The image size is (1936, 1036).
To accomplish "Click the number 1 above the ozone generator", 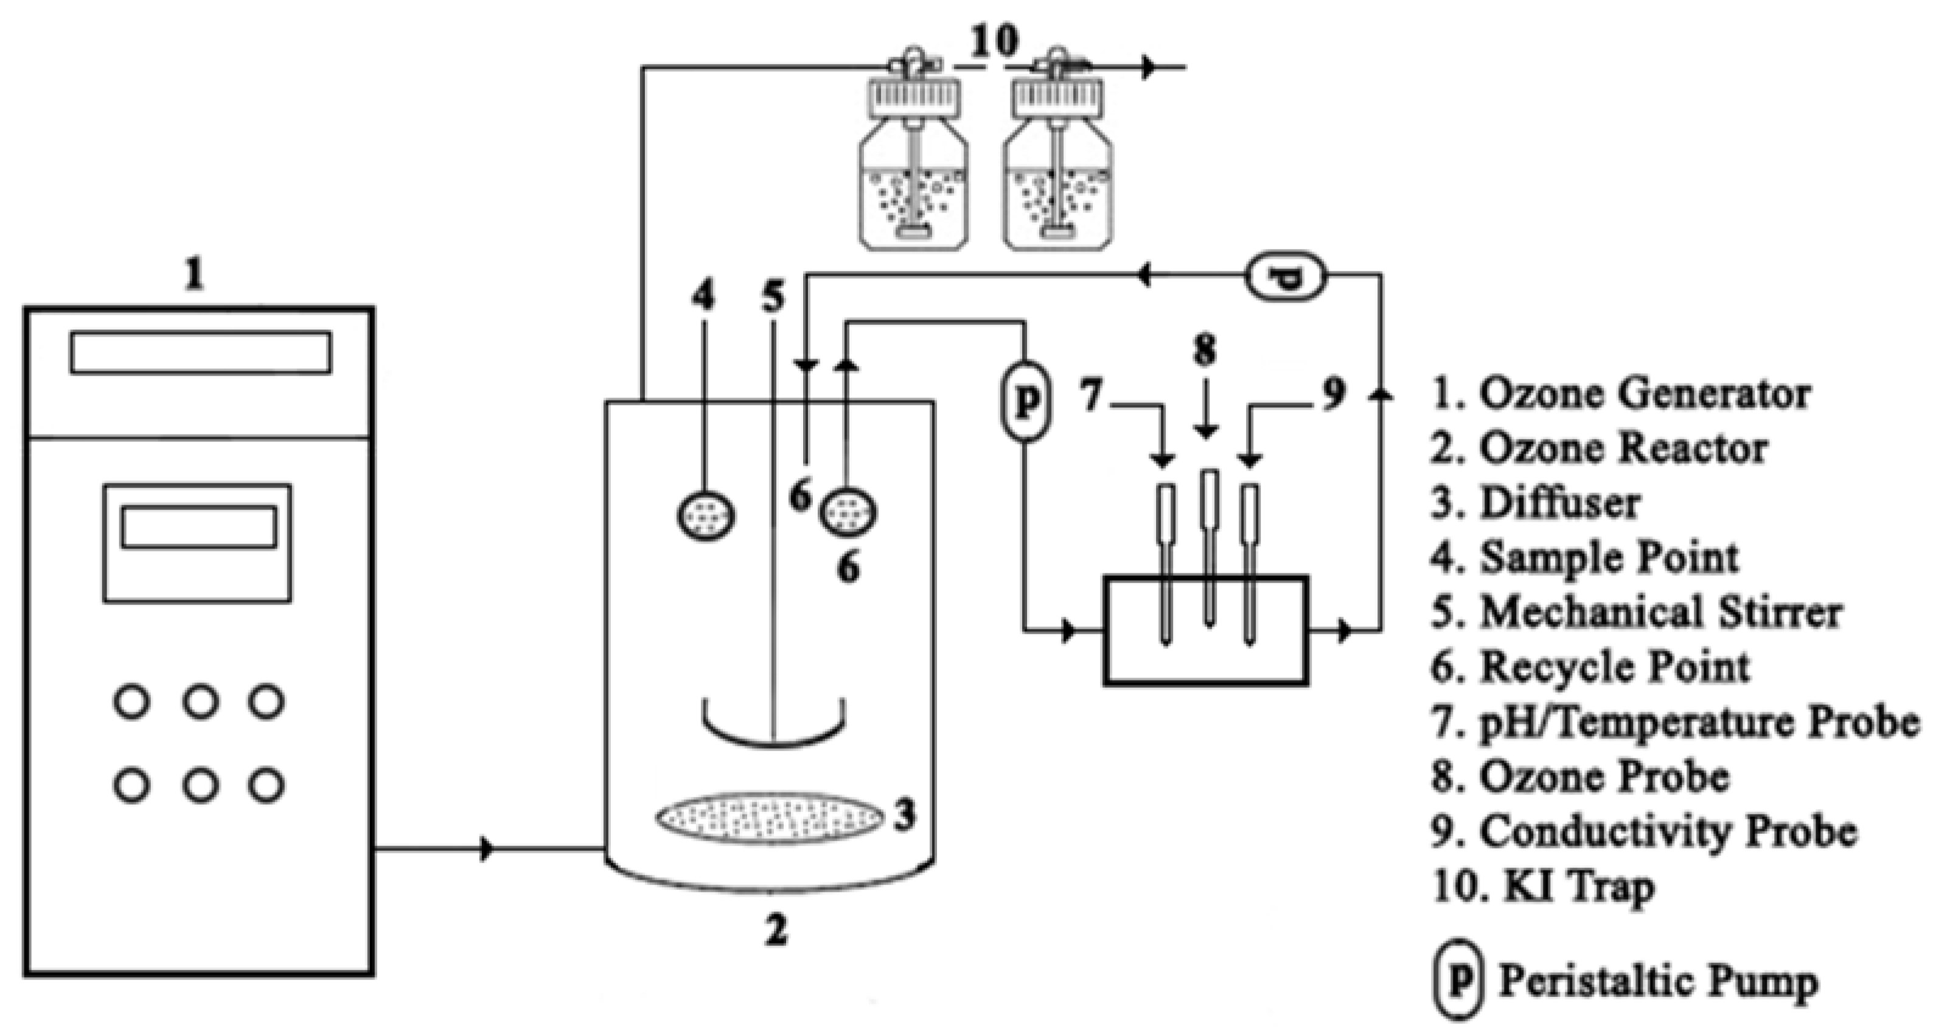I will [x=195, y=276].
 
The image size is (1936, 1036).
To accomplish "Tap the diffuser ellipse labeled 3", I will [x=768, y=817].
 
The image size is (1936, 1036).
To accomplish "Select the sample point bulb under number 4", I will [x=705, y=516].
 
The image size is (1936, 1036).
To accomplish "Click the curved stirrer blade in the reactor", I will [x=773, y=726].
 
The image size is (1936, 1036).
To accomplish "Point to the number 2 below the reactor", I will [x=775, y=929].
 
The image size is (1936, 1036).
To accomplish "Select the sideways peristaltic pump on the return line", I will [x=1286, y=278].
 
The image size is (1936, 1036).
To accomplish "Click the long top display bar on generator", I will [x=201, y=352].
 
